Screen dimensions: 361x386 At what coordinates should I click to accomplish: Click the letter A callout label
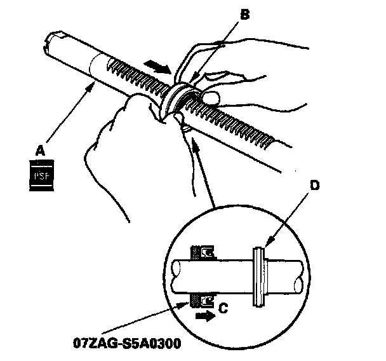(x=40, y=150)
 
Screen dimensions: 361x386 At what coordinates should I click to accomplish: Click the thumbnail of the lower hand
(x=184, y=129)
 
